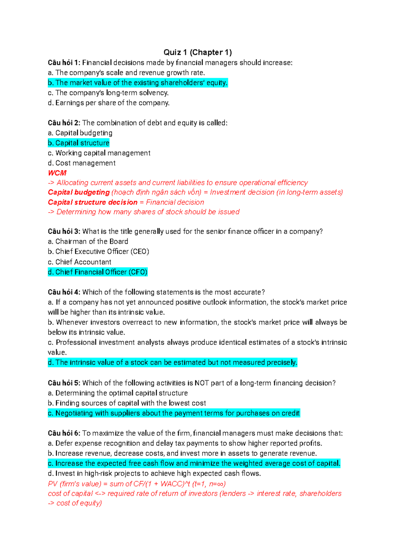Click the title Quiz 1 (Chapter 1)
(x=198, y=52)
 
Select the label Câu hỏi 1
(x=64, y=63)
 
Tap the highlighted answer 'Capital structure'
(x=79, y=143)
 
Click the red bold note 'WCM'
(x=57, y=173)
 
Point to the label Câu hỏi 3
(x=64, y=231)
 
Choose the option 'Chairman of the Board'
(x=88, y=241)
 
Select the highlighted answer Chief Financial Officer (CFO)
(x=98, y=272)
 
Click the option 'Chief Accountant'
(x=80, y=262)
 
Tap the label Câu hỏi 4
(x=64, y=292)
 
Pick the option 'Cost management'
(x=82, y=163)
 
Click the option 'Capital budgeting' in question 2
(x=80, y=133)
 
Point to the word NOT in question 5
(x=202, y=383)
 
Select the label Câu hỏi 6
(x=64, y=433)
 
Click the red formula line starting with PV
(x=137, y=484)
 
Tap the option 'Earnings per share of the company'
(x=109, y=103)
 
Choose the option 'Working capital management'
(x=99, y=153)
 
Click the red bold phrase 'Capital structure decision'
(x=92, y=202)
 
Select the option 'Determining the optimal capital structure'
(x=118, y=393)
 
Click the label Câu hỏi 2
(x=64, y=123)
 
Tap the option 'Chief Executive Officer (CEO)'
(x=99, y=251)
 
